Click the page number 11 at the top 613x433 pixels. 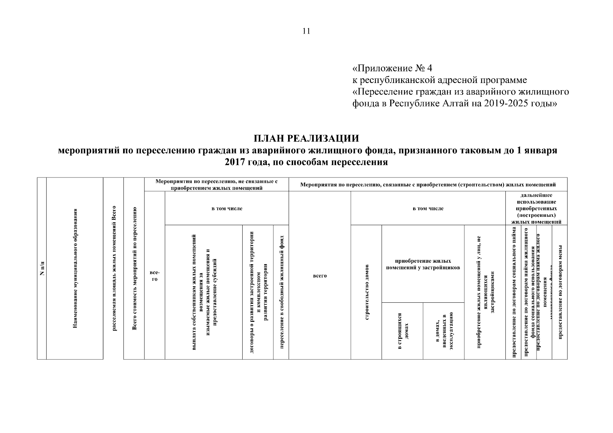(306, 31)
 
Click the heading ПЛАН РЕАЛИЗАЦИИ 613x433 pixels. (306, 139)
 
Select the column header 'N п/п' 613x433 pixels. (42, 268)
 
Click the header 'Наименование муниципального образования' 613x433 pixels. (75, 268)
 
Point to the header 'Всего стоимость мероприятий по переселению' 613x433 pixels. (134, 268)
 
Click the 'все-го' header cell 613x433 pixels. (155, 275)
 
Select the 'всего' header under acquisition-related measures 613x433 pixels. (319, 276)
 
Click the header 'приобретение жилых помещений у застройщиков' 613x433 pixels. (423, 264)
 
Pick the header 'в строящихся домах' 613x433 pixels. (402, 331)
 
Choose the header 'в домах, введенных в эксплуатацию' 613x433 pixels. (443, 331)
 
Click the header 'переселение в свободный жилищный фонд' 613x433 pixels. (281, 292)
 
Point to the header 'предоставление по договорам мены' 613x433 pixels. (560, 292)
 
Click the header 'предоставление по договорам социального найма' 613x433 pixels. (513, 292)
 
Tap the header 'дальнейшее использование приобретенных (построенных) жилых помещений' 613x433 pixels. (536, 208)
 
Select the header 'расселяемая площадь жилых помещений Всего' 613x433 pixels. (114, 268)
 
